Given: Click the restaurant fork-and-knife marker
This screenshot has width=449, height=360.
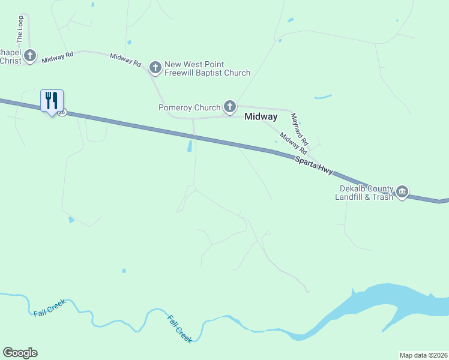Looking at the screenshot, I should [x=52, y=100].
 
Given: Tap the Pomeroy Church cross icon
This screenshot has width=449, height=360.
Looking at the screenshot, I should [x=229, y=107].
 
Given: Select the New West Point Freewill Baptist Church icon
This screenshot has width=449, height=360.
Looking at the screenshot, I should [x=155, y=67].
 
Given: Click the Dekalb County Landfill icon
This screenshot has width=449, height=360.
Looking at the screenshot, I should [x=402, y=192].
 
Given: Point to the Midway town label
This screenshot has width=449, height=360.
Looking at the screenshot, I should [x=261, y=116].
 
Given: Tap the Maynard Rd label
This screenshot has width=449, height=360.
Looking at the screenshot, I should [x=299, y=130].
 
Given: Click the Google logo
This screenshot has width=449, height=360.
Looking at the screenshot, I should [x=20, y=353].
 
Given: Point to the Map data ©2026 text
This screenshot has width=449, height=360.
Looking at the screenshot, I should [x=423, y=355].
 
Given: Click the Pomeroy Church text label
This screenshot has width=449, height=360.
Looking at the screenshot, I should [x=190, y=108].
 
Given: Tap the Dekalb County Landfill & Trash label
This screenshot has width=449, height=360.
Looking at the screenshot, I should [x=364, y=192].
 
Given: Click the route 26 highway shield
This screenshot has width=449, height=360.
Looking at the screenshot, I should [x=62, y=112].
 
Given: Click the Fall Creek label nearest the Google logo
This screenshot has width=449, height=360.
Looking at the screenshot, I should [x=49, y=310].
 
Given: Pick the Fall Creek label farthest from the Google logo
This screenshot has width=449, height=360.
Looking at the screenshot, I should [x=179, y=329].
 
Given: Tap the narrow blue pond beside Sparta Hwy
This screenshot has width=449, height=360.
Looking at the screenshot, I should [x=190, y=145].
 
